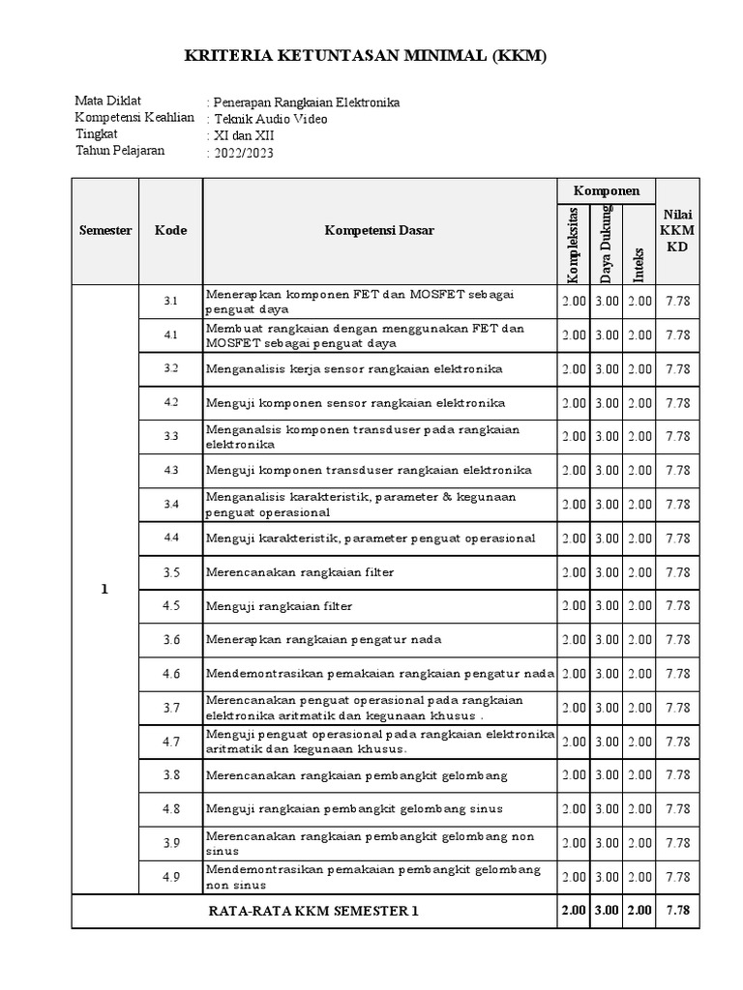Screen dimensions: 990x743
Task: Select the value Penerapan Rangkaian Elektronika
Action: (x=306, y=102)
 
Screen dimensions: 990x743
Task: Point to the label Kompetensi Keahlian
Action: (x=134, y=118)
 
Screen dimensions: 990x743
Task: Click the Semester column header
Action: (x=105, y=231)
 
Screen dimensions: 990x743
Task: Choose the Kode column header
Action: (x=170, y=231)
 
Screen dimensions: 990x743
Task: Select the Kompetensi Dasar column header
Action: (x=379, y=231)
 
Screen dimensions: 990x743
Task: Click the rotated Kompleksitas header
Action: (x=573, y=245)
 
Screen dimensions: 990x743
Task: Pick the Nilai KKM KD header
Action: (x=677, y=231)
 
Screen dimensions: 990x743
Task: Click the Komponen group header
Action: (x=606, y=190)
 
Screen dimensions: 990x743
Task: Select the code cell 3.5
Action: (x=171, y=572)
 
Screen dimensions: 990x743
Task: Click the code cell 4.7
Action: (x=171, y=742)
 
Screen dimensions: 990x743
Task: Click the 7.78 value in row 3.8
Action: (x=677, y=775)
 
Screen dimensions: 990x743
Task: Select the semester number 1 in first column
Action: (x=104, y=590)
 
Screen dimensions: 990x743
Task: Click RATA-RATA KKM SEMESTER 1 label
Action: (x=314, y=911)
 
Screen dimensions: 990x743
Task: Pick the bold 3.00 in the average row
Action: (x=607, y=911)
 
